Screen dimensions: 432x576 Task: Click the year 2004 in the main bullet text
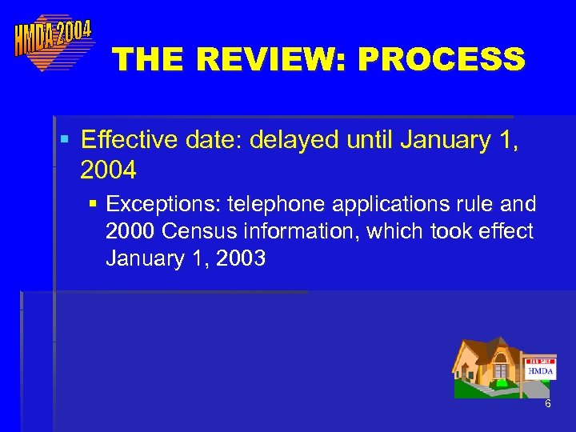click(108, 170)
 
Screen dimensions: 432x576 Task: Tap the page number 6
click(548, 404)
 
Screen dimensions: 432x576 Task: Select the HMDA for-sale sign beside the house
click(540, 369)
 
